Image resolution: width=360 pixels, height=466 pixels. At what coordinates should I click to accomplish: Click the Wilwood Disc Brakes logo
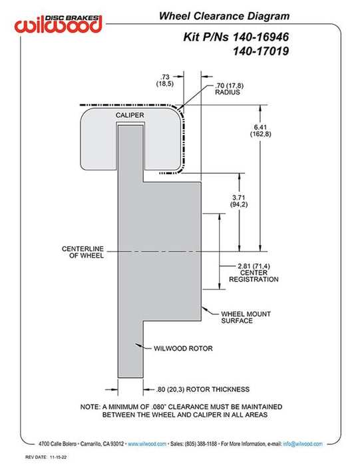click(x=59, y=24)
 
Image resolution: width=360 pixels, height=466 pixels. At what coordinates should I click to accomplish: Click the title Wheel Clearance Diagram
click(x=224, y=16)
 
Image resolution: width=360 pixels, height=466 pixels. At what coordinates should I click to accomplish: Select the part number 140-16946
click(x=260, y=37)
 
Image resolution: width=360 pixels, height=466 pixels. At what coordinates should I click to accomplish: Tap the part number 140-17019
click(x=261, y=51)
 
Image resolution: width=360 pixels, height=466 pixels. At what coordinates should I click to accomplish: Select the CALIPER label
click(x=130, y=115)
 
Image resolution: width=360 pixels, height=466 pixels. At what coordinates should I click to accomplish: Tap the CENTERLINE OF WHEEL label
click(x=83, y=252)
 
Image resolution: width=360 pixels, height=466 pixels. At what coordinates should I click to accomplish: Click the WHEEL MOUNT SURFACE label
click(x=246, y=317)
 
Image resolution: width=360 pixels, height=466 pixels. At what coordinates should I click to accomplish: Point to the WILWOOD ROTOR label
click(x=183, y=348)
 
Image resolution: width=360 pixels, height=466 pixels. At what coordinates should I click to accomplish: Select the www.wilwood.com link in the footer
click(x=147, y=444)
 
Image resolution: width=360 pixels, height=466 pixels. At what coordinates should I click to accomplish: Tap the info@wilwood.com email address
click(x=303, y=444)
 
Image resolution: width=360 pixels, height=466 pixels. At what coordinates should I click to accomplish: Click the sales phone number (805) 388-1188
click(x=201, y=444)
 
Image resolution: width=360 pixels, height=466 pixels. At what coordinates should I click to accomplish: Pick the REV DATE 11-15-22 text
click(x=46, y=457)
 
